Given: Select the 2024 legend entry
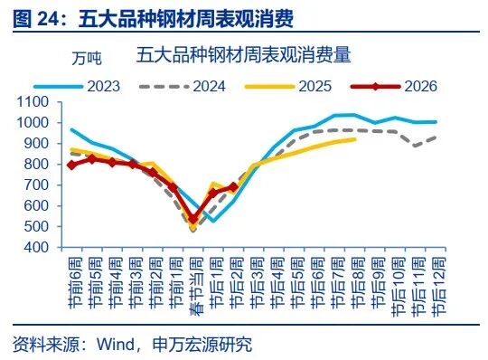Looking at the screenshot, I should (195, 87).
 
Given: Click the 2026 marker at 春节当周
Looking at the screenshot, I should (192, 218).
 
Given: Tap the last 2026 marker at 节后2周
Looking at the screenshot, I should (233, 187).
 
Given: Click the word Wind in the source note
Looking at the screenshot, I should (116, 344).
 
